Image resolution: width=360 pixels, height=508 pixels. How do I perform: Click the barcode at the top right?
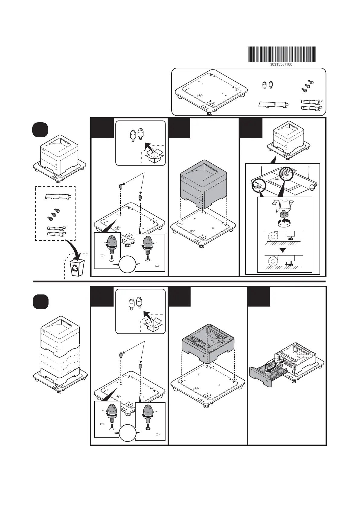[282, 54]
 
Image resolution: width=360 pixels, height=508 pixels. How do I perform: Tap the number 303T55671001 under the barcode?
[282, 64]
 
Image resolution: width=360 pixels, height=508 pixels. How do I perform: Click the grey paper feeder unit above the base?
[208, 343]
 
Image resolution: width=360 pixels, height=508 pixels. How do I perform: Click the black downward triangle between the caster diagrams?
[283, 250]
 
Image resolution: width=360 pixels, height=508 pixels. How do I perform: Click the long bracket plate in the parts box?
[273, 104]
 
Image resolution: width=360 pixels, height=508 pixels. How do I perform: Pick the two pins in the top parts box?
[267, 85]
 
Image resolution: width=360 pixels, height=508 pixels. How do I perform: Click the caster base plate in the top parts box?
[211, 91]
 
